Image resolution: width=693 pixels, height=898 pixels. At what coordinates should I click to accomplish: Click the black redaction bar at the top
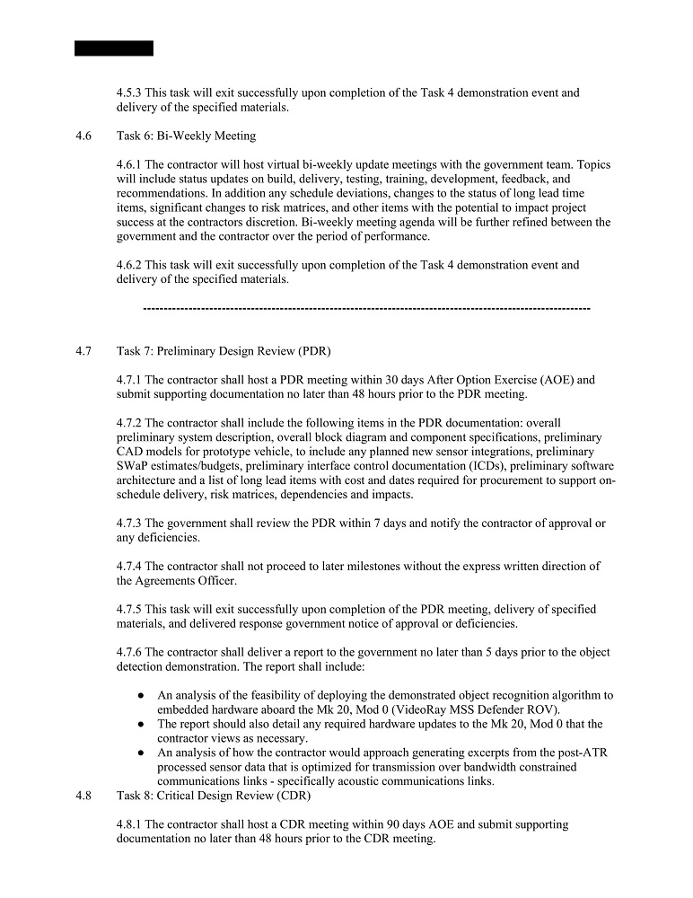tap(114, 48)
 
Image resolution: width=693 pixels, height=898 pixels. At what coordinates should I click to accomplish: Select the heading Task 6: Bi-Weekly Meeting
tap(186, 136)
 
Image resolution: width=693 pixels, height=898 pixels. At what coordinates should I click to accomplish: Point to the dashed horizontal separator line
tap(366, 309)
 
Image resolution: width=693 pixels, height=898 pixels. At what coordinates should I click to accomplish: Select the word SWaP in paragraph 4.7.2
tap(134, 465)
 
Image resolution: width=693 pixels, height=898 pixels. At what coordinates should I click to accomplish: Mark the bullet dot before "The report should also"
tap(143, 724)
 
